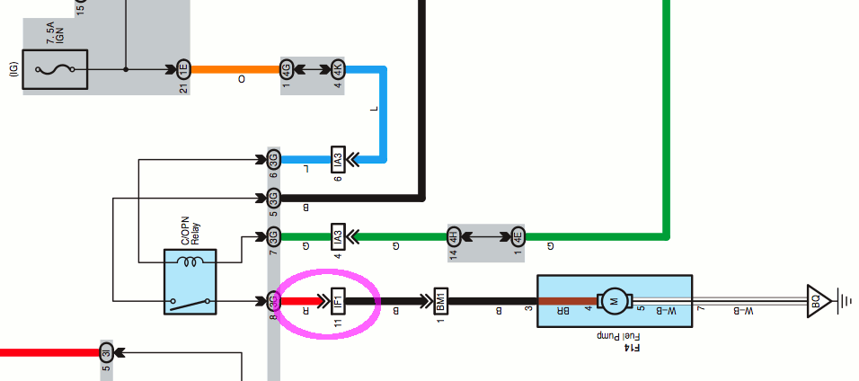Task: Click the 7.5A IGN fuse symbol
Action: pos(54,69)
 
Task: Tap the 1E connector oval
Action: pos(183,69)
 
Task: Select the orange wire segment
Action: pos(234,69)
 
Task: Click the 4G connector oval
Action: pos(287,69)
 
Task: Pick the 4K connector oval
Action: pos(337,69)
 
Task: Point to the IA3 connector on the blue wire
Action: pos(338,160)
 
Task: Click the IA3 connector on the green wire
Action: pos(338,238)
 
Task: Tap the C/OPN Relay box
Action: pos(190,282)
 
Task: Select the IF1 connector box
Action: pos(338,299)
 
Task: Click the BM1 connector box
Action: pos(440,299)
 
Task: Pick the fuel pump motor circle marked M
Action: pos(615,300)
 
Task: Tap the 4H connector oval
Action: pos(454,238)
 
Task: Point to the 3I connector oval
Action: pos(105,350)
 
